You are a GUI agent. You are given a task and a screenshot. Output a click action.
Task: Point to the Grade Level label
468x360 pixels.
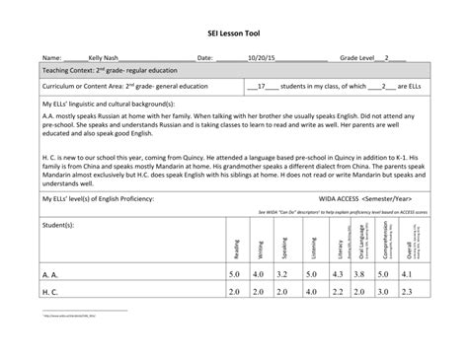pyautogui.click(x=362, y=59)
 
